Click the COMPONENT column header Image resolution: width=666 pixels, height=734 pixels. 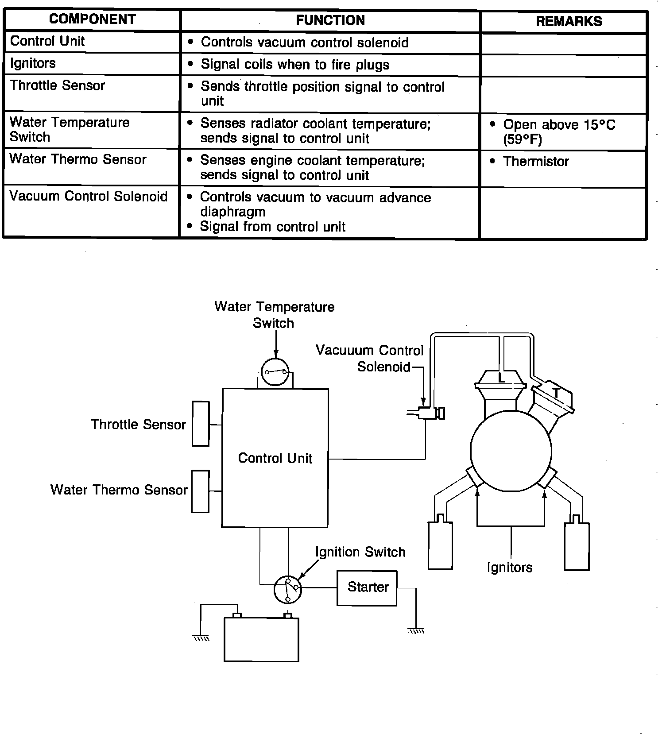92,19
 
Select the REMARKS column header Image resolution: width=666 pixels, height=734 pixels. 569,21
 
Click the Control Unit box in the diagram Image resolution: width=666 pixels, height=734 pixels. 275,458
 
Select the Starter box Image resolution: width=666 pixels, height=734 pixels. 367,587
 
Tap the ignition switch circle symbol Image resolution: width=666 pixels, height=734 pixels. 288,590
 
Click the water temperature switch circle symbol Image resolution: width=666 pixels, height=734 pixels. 275,372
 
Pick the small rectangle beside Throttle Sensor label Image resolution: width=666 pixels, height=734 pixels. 201,424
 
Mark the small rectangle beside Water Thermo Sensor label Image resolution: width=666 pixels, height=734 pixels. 200,491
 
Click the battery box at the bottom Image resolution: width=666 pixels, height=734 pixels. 261,639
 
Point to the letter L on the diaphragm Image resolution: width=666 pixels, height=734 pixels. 501,378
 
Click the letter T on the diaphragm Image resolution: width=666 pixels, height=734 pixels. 556,392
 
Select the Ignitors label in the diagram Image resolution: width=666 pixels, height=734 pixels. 509,568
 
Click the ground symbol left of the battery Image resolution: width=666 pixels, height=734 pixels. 201,638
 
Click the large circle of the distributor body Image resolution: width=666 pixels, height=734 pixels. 511,451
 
